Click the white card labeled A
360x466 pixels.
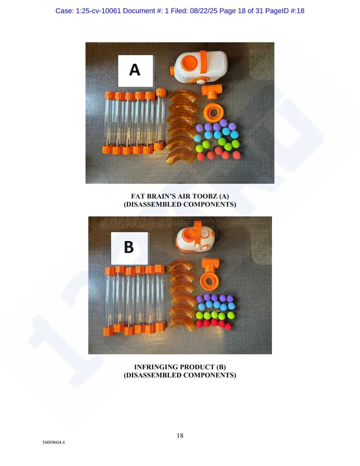135,71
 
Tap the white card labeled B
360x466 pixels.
129,248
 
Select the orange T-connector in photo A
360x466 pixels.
212,91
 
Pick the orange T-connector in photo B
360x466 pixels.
210,265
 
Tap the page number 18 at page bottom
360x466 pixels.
180,436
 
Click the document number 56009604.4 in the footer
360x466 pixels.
54,442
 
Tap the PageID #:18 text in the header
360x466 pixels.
285,11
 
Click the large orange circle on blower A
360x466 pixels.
189,63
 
